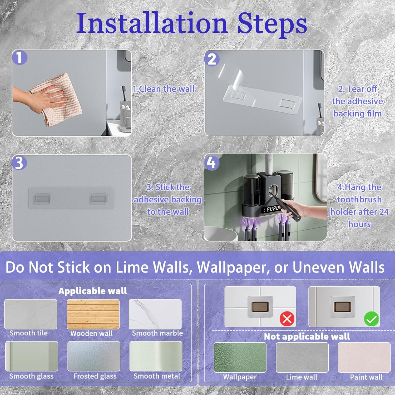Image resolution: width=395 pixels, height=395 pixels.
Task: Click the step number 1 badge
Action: click(x=20, y=58)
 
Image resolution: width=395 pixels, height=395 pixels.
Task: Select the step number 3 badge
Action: click(x=19, y=162)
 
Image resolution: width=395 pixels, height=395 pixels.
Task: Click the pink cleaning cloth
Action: click(x=57, y=99)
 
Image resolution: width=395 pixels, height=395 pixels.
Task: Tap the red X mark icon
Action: click(x=287, y=319)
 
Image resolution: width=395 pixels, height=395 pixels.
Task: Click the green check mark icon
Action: click(x=371, y=319)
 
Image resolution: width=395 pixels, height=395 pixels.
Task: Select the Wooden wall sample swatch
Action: click(x=93, y=314)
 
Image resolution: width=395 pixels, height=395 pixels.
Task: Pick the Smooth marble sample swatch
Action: click(x=155, y=314)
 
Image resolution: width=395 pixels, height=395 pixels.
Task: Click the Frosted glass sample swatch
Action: click(x=94, y=356)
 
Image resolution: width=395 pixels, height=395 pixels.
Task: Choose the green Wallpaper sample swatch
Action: click(x=240, y=357)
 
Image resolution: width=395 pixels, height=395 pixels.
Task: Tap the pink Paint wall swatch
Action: click(x=364, y=357)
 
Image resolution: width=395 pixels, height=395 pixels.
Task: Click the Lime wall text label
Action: click(x=302, y=377)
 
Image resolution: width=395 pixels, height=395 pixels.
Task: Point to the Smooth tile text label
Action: click(x=28, y=333)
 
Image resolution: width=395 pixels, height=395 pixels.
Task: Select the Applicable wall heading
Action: click(x=93, y=291)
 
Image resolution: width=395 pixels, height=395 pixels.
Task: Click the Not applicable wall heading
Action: click(x=307, y=337)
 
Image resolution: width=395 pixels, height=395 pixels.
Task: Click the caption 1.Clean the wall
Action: click(x=164, y=89)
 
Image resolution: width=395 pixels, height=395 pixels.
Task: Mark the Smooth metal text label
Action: click(x=157, y=376)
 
